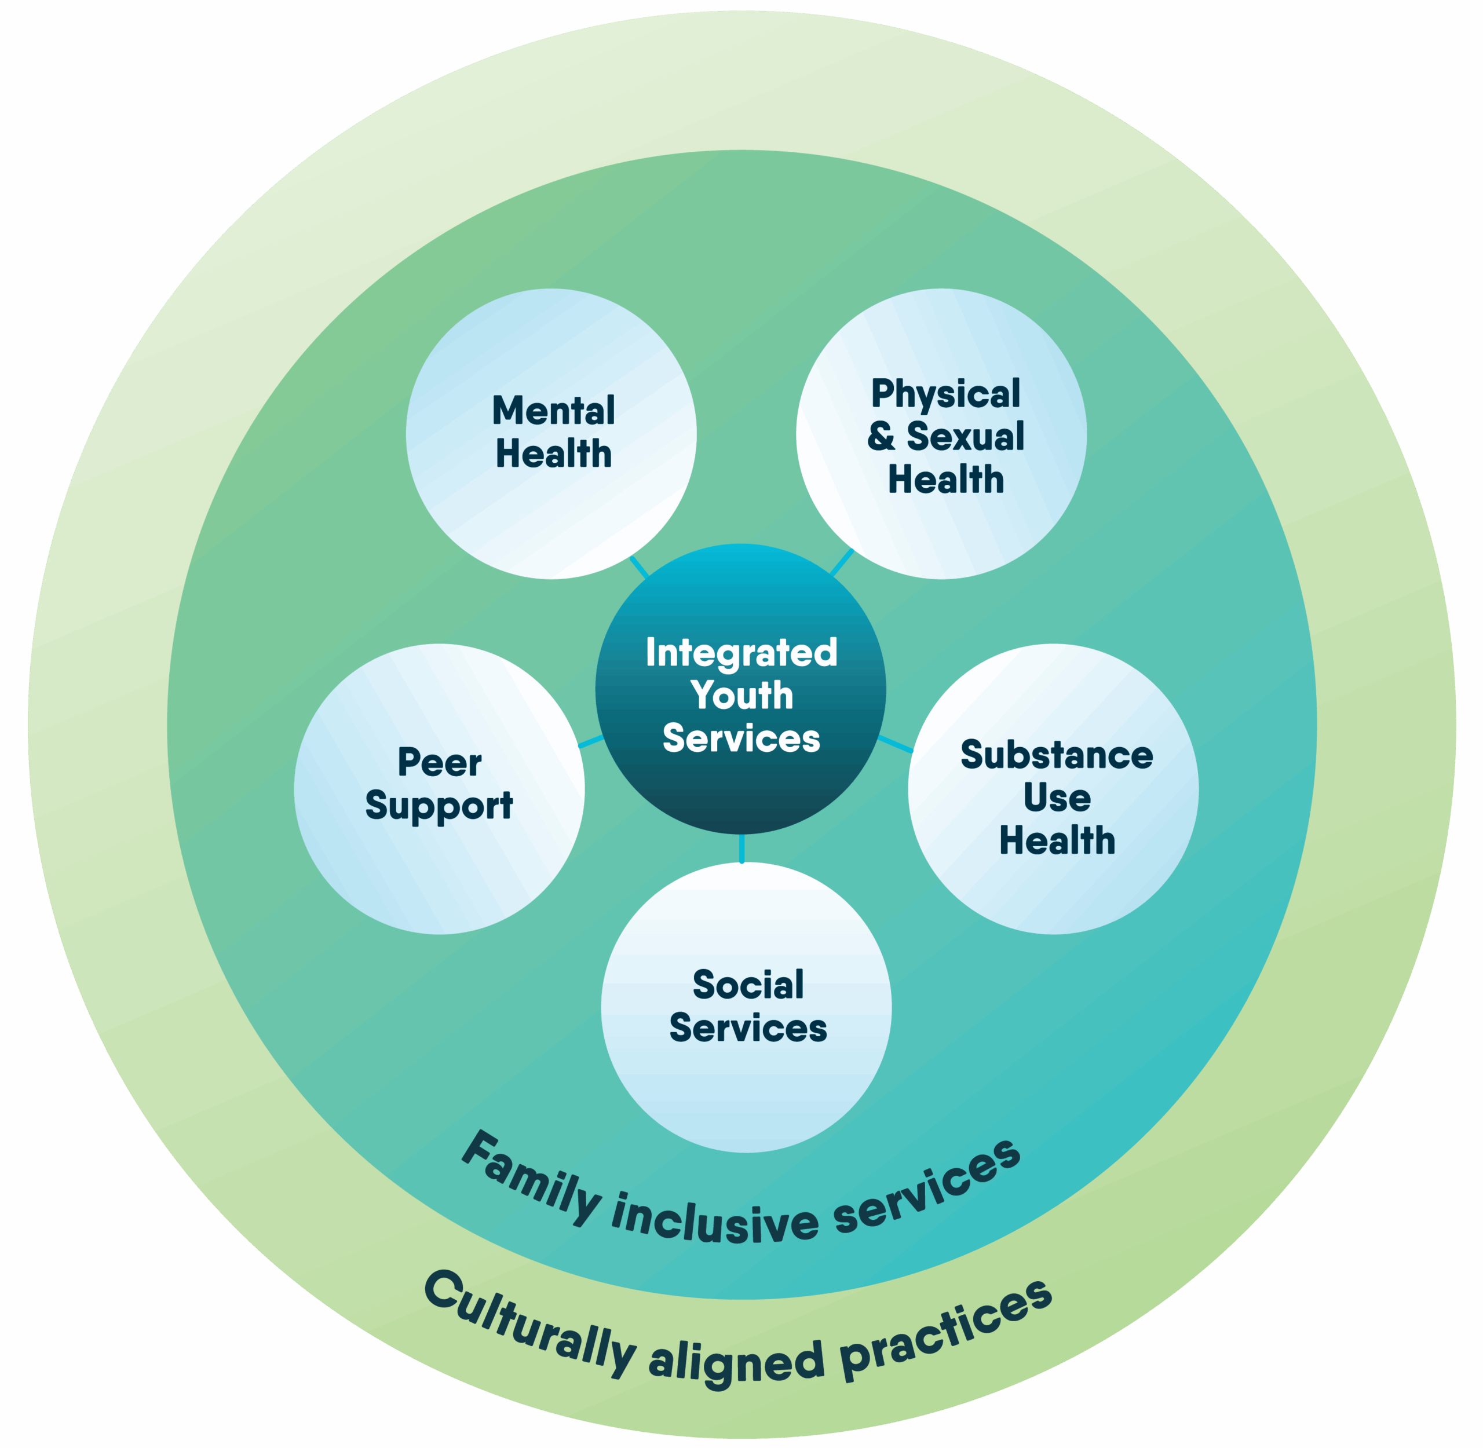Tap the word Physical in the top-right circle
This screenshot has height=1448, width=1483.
point(945,394)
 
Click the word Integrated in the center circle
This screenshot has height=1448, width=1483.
point(741,653)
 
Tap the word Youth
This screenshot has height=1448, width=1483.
point(741,695)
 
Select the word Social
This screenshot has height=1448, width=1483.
point(748,985)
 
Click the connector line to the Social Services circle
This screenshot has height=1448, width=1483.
point(741,848)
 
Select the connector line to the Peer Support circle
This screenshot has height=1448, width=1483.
point(591,741)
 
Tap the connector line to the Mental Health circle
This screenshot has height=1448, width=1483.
point(639,566)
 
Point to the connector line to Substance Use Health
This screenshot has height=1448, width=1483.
point(895,744)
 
